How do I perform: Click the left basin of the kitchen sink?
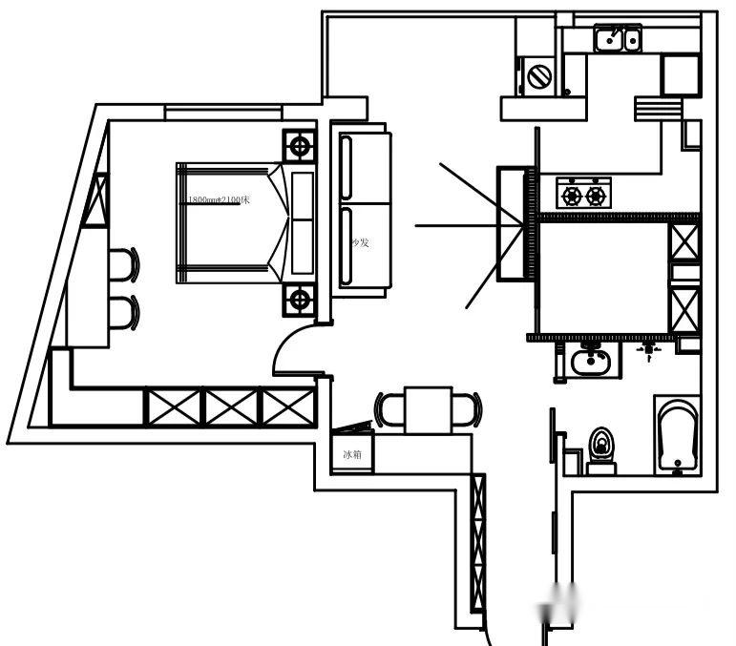(x=608, y=39)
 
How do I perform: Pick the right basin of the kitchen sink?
(x=630, y=39)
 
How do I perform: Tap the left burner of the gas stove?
(x=572, y=196)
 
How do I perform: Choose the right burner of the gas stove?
(x=597, y=196)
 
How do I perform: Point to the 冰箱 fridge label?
(x=352, y=455)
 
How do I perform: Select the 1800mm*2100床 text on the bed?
(x=219, y=199)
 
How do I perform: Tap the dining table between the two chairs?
(x=428, y=409)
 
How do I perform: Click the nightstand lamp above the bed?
(x=300, y=147)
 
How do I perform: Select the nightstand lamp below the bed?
(x=300, y=300)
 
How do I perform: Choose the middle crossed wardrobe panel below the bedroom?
(x=230, y=406)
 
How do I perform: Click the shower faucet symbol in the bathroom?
(x=649, y=351)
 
